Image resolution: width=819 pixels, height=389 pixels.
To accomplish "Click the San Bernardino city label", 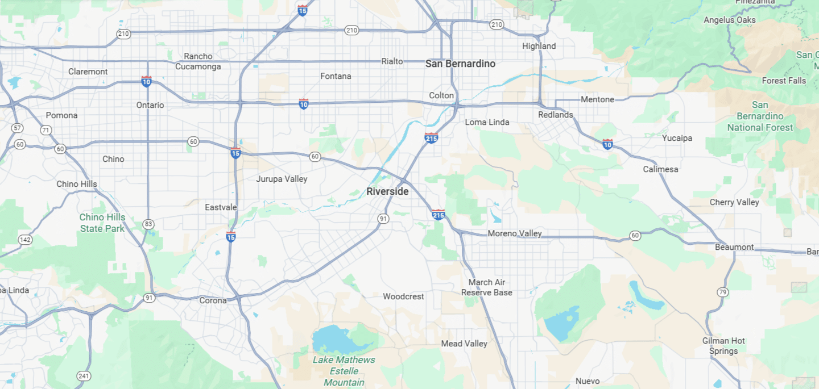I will pyautogui.click(x=460, y=64).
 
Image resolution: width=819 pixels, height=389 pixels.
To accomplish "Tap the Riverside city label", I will pyautogui.click(x=387, y=191).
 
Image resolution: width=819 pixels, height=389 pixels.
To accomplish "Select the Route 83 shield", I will pyautogui.click(x=148, y=224).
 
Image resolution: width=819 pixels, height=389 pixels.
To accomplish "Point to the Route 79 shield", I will pyautogui.click(x=722, y=292).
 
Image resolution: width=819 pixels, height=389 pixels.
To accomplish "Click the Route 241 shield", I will pyautogui.click(x=84, y=376).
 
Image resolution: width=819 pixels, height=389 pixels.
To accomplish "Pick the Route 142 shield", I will pyautogui.click(x=25, y=240).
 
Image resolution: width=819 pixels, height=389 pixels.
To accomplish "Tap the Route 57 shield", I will pyautogui.click(x=17, y=128).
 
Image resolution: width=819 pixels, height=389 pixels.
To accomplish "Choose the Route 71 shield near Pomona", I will pyautogui.click(x=46, y=130).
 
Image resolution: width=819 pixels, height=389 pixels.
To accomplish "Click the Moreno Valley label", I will pyautogui.click(x=515, y=233).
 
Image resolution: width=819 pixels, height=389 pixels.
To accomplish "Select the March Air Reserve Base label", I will pyautogui.click(x=486, y=287).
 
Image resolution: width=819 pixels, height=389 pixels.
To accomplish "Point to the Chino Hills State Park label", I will pyautogui.click(x=102, y=223).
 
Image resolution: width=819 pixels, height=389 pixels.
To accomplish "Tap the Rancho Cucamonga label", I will pyautogui.click(x=198, y=61).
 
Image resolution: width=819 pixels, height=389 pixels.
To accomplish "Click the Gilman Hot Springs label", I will pyautogui.click(x=723, y=346).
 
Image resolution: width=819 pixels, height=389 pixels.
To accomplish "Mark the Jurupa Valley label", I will pyautogui.click(x=282, y=179).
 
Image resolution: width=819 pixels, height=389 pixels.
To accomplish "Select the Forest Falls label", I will pyautogui.click(x=784, y=81).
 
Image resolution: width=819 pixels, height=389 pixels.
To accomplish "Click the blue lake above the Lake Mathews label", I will pyautogui.click(x=336, y=340).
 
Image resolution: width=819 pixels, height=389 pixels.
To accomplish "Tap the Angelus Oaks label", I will pyautogui.click(x=730, y=20).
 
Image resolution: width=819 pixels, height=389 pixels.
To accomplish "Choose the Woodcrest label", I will pyautogui.click(x=403, y=296).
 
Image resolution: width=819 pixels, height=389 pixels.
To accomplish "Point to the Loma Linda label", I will pyautogui.click(x=487, y=122).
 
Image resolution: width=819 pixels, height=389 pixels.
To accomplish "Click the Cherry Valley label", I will pyautogui.click(x=734, y=202).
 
